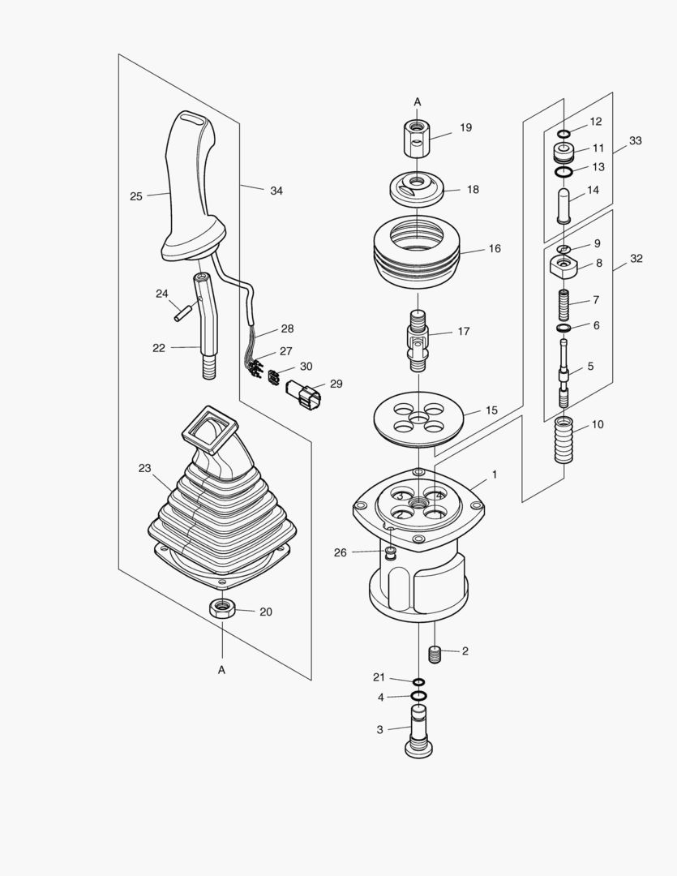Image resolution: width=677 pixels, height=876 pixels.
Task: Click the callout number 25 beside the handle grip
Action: pyautogui.click(x=135, y=196)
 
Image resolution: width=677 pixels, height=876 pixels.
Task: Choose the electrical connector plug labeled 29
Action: pyautogui.click(x=303, y=394)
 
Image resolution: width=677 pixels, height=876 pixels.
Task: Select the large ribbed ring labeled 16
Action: pyautogui.click(x=417, y=247)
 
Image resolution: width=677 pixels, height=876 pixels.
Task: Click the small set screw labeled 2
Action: pyautogui.click(x=435, y=654)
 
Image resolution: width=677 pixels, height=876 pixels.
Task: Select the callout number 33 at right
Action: pyautogui.click(x=635, y=141)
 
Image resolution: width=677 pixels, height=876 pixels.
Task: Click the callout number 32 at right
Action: pyautogui.click(x=636, y=259)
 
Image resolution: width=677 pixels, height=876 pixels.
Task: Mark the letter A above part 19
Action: pyautogui.click(x=418, y=102)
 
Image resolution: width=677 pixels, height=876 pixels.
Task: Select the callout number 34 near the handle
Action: pyautogui.click(x=276, y=191)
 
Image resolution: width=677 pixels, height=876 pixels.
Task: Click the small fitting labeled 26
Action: pyautogui.click(x=391, y=554)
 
